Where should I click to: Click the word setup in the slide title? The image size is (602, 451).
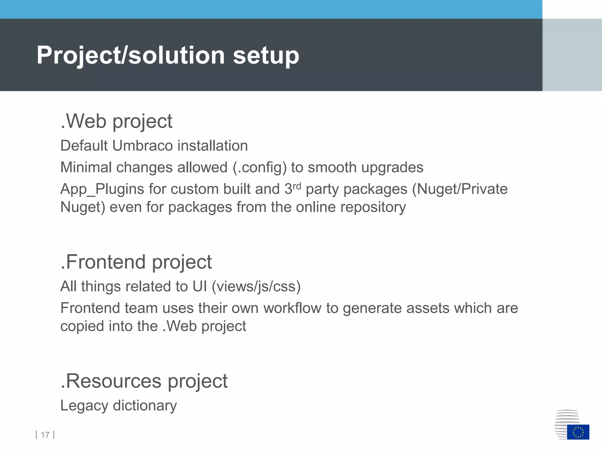[266, 56]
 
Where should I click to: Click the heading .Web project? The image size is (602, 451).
[116, 121]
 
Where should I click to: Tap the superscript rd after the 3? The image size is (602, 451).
[297, 186]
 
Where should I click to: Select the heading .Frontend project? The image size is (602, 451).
[136, 262]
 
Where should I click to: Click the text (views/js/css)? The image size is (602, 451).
[256, 287]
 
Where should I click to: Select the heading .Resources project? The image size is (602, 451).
[144, 381]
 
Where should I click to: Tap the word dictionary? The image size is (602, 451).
[145, 406]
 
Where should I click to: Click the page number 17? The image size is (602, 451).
[45, 435]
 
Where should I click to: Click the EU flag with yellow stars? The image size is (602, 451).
[578, 432]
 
